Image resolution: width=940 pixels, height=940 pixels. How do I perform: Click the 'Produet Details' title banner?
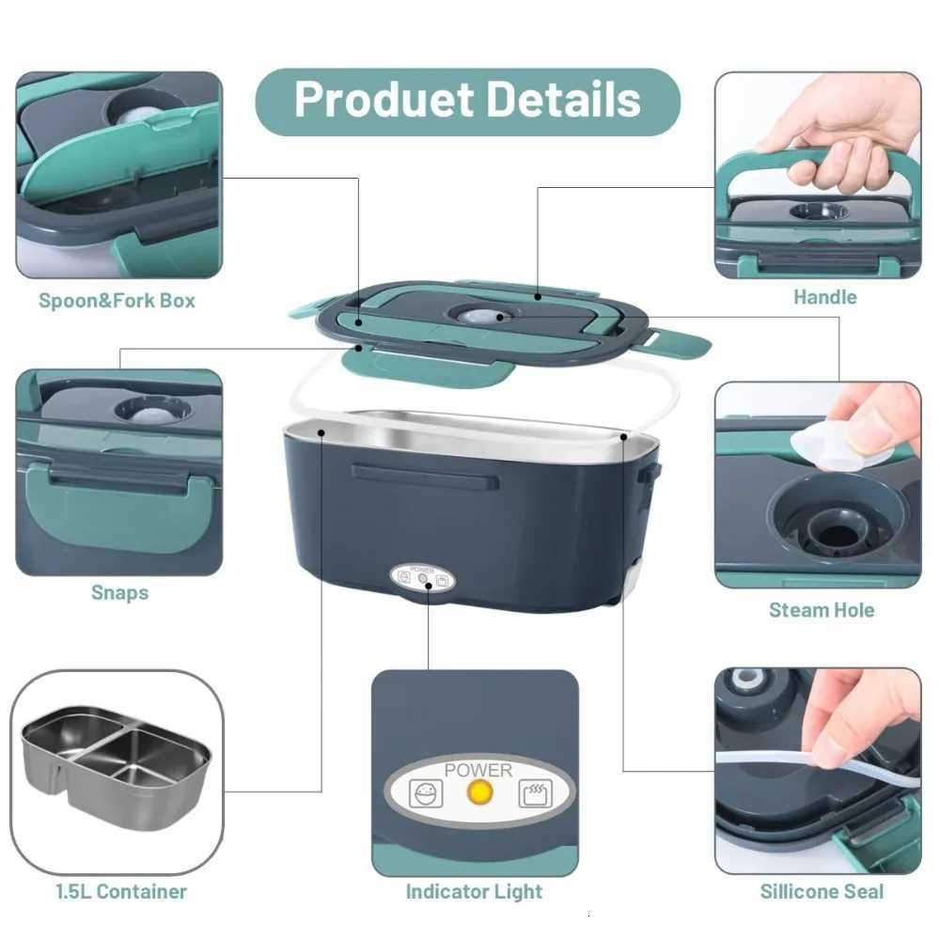467,101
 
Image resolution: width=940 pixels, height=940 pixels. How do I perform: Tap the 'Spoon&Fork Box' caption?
117,301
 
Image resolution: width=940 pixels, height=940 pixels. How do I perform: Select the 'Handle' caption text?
824,297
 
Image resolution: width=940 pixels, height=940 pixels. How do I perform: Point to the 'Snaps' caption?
119,592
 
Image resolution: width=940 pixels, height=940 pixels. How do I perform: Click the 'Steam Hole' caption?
822,610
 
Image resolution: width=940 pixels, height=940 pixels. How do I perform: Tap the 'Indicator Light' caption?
474,891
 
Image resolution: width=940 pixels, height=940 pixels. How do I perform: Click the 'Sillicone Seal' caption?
822,891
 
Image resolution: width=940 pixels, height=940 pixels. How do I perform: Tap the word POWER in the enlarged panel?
478,771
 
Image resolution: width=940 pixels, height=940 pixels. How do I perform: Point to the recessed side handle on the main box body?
424,476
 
